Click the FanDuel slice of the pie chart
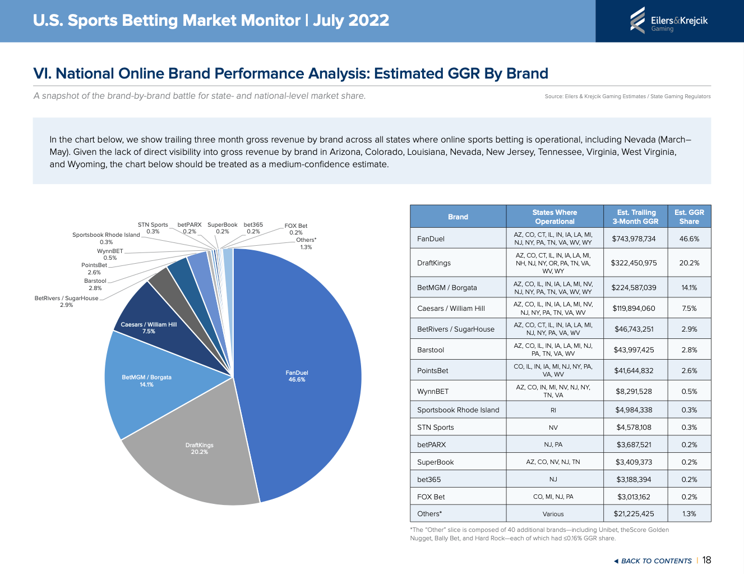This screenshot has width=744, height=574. (297, 376)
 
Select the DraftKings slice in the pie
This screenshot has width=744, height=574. (199, 449)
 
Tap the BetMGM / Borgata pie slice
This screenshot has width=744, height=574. (146, 381)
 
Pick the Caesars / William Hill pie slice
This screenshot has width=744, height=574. (149, 328)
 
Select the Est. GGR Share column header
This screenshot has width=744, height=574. (689, 217)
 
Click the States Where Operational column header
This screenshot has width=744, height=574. (554, 217)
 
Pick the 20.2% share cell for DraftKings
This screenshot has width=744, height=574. (689, 263)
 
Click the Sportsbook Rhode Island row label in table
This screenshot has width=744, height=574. (458, 410)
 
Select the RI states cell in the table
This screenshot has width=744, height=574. (553, 410)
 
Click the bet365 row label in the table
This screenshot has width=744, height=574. (429, 479)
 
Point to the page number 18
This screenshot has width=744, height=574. (706, 560)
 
